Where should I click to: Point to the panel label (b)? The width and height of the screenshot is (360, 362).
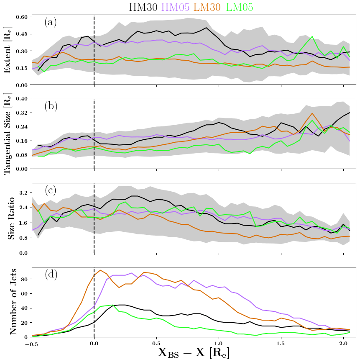(x=51, y=106)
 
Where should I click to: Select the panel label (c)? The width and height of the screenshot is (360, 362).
(x=51, y=190)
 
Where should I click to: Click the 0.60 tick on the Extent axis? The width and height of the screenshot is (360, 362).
(x=21, y=17)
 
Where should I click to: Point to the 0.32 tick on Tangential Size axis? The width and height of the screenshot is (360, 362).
(x=21, y=113)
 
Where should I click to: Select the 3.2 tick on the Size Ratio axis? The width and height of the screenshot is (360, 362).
(x=23, y=193)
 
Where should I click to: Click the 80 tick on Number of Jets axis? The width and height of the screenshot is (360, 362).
(x=24, y=279)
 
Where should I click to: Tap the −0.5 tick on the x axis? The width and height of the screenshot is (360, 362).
(x=31, y=344)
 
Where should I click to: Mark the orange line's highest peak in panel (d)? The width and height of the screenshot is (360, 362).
(x=100, y=270)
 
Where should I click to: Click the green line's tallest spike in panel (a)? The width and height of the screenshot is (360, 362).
(x=312, y=36)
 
